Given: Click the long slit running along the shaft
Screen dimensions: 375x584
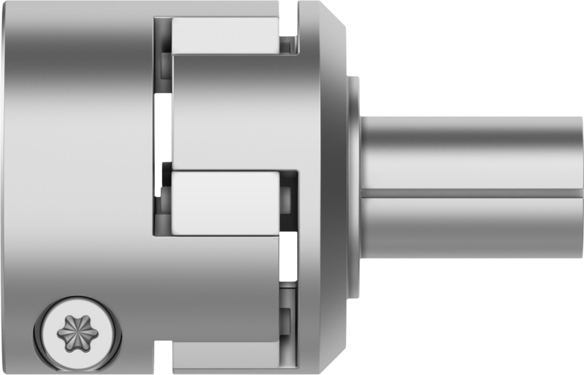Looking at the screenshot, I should [470, 194].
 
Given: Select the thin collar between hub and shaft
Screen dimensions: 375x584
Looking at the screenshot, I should [353, 188].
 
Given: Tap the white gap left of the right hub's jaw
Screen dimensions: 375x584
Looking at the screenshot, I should [163, 127].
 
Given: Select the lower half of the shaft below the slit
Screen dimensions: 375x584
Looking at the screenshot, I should [470, 227].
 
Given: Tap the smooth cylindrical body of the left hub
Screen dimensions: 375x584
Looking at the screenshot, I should [77, 166].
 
